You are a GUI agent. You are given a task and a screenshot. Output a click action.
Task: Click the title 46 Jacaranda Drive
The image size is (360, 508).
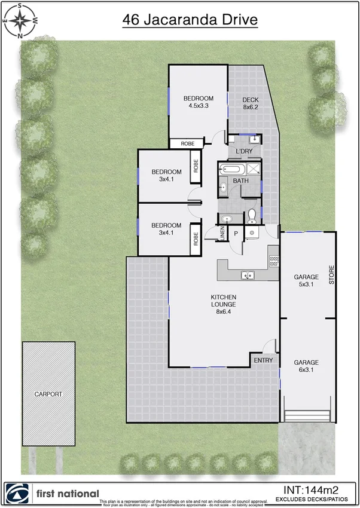pyautogui.click(x=190, y=20)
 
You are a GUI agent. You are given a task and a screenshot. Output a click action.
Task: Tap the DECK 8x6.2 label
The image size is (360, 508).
pyautogui.click(x=249, y=103)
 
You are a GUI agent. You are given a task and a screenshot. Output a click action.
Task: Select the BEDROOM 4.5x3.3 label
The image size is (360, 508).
pyautogui.click(x=198, y=102)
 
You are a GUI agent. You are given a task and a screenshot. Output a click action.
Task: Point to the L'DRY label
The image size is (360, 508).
pyautogui.click(x=243, y=151)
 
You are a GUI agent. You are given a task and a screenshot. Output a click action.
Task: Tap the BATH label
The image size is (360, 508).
pyautogui.click(x=241, y=180)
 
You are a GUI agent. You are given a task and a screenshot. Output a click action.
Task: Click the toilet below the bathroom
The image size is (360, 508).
pyautogui.click(x=252, y=214)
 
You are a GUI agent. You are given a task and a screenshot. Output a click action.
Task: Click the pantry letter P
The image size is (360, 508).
pyautogui.click(x=236, y=234)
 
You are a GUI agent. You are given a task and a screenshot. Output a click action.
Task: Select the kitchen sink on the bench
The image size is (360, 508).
pyautogui.click(x=247, y=276)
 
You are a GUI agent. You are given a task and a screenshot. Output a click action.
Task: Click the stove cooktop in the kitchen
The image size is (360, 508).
pyautogui.click(x=274, y=261)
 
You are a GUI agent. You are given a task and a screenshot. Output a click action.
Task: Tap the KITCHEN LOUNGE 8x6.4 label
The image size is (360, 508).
pyautogui.click(x=224, y=304)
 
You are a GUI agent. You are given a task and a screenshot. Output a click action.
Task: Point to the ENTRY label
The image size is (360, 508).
pyautogui.click(x=263, y=360)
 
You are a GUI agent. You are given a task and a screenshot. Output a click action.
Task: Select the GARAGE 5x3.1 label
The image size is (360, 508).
pyautogui.click(x=306, y=281)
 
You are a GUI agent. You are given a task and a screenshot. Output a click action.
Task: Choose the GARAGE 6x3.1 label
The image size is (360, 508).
pyautogui.click(x=306, y=366)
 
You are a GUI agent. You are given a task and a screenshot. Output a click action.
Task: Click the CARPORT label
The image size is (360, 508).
pyautogui.click(x=48, y=394)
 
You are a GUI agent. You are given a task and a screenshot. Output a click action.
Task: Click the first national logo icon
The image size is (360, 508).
pyautogui.click(x=17, y=494)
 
